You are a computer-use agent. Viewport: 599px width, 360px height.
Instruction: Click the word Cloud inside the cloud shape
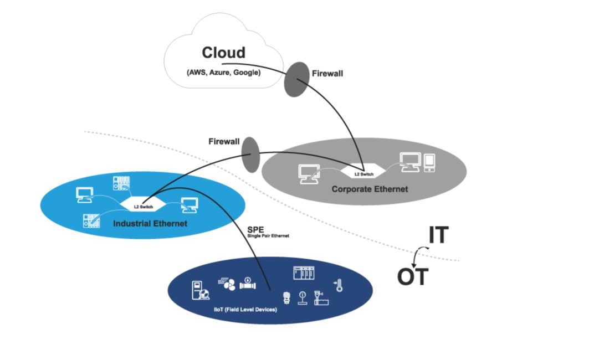tap(223, 53)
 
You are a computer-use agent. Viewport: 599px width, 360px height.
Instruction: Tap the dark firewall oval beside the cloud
tap(297, 79)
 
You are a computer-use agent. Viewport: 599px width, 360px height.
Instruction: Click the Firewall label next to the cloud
tap(327, 73)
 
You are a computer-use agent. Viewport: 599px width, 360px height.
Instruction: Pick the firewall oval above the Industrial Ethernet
tap(250, 155)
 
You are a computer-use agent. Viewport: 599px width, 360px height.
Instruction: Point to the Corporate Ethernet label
tap(370, 189)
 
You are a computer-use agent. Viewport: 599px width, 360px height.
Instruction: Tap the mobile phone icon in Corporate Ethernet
tap(429, 162)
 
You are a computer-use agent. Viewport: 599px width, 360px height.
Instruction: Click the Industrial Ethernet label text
tap(150, 224)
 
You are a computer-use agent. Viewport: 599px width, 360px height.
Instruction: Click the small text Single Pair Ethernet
tap(268, 236)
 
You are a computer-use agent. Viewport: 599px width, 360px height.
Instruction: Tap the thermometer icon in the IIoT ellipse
tap(338, 286)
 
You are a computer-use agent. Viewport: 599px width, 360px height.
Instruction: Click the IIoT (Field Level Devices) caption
tap(245, 309)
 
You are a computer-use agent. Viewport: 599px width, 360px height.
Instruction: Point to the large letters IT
tap(438, 236)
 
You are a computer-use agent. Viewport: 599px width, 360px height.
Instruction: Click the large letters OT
tap(413, 276)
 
